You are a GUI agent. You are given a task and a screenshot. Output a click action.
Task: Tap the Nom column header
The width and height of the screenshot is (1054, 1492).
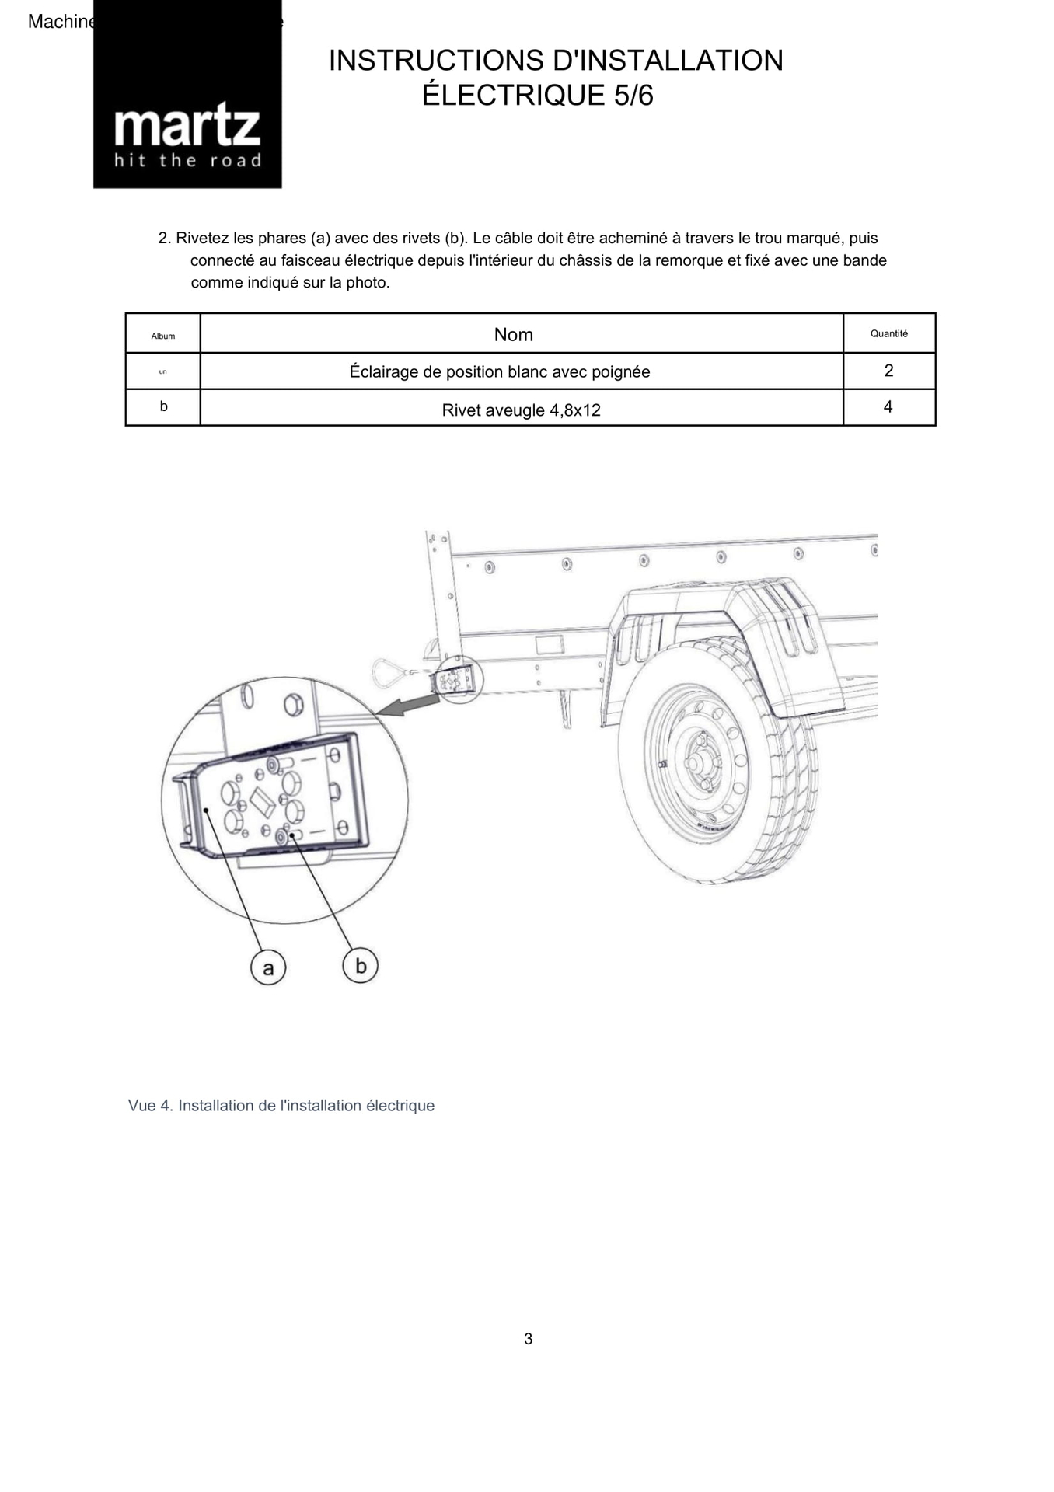pyautogui.click(x=513, y=335)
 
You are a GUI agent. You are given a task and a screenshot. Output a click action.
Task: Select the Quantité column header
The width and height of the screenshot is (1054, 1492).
pyautogui.click(x=888, y=334)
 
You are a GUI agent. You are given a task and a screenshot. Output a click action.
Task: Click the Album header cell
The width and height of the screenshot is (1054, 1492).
pyautogui.click(x=163, y=336)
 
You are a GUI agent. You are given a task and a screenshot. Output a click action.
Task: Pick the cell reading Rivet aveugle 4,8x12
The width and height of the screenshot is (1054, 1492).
pyautogui.click(x=521, y=410)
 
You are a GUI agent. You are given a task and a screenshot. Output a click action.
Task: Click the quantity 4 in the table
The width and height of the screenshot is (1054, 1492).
pyautogui.click(x=888, y=407)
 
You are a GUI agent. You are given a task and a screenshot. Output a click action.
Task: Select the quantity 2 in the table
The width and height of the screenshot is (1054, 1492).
pyautogui.click(x=888, y=371)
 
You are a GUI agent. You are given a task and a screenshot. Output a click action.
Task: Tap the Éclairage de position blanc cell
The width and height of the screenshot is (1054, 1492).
pyautogui.click(x=499, y=372)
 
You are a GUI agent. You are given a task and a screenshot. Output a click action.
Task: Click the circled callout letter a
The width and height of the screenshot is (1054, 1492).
pyautogui.click(x=268, y=968)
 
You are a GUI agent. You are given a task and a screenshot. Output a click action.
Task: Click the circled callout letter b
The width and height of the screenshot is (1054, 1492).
pyautogui.click(x=360, y=966)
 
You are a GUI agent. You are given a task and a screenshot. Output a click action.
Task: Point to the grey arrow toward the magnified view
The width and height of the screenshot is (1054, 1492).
pyautogui.click(x=408, y=705)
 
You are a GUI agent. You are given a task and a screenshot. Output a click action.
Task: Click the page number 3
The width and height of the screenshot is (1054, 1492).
pyautogui.click(x=529, y=1338)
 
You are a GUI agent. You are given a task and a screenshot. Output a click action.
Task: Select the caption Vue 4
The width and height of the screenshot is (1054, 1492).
pyautogui.click(x=281, y=1105)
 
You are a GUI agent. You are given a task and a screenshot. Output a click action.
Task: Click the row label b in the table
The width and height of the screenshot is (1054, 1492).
pyautogui.click(x=163, y=406)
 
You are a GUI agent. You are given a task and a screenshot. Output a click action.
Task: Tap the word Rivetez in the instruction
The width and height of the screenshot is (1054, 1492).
pyautogui.click(x=202, y=239)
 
